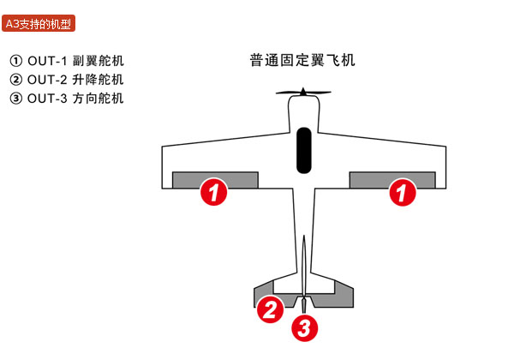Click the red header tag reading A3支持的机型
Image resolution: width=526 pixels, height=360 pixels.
[39, 24]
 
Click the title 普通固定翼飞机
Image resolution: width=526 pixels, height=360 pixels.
[302, 61]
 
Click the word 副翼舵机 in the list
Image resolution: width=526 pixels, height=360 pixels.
[99, 62]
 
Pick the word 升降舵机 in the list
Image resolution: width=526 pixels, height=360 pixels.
[99, 80]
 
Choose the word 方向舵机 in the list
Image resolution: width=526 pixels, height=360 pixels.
[99, 98]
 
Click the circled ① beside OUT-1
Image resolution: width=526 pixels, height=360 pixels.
[16, 62]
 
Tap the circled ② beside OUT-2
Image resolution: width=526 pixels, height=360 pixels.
[16, 80]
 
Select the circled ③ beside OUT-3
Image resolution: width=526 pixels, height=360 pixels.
[16, 98]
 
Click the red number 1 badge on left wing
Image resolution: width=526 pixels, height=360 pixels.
[214, 193]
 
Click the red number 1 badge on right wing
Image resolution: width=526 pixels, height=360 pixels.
[398, 193]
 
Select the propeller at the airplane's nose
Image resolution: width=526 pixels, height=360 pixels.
[302, 93]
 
